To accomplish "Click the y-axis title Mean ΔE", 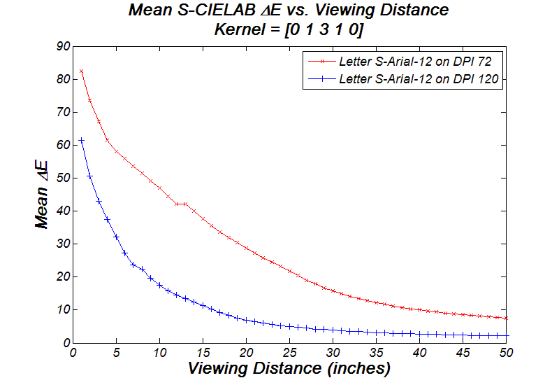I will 41,194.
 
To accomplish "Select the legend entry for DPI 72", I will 418,61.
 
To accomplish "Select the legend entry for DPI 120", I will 418,79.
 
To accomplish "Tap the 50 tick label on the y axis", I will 64,178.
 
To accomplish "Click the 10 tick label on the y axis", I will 64,310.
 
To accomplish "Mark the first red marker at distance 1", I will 82,71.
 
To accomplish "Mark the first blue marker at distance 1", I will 82,140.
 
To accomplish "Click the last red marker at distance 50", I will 506,318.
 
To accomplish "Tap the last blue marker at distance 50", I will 506,335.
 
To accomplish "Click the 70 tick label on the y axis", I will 64,113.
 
